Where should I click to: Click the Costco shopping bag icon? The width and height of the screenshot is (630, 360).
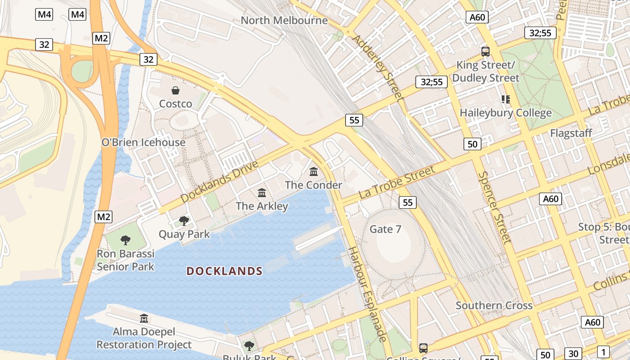point(175,91)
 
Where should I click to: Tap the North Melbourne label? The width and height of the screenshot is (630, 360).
point(284,20)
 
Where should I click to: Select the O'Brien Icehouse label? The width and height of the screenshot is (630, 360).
point(144,142)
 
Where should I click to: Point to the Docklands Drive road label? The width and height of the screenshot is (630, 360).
point(220,181)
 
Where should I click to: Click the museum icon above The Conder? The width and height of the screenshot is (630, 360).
point(314,171)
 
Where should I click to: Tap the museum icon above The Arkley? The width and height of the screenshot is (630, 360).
point(262,193)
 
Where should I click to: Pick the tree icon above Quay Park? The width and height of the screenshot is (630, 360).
point(184,220)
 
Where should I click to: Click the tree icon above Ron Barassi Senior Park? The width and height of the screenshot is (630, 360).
point(126,240)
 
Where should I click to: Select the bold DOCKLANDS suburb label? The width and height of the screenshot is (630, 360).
point(225,271)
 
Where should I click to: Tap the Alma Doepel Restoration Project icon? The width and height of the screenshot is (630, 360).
point(144,318)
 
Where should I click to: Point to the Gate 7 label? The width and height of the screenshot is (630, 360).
point(385,229)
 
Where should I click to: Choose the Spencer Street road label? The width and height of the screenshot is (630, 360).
point(495,207)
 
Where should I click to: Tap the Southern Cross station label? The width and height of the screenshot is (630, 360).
point(494,306)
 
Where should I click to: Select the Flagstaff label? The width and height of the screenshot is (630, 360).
point(571,133)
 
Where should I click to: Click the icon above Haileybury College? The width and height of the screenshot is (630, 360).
point(505,99)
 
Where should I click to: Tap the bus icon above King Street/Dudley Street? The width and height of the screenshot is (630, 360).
point(485,51)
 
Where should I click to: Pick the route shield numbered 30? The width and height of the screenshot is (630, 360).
point(573,354)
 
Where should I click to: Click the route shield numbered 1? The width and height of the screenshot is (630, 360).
point(603,352)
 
